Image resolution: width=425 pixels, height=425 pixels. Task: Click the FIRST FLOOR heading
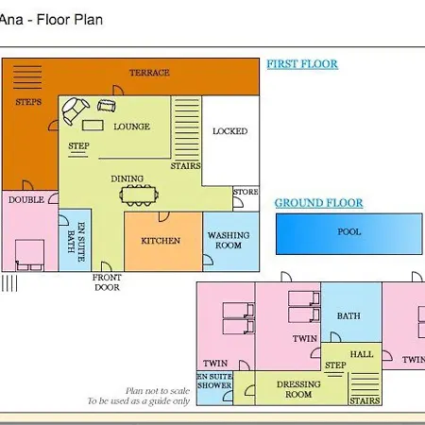[x=302, y=64]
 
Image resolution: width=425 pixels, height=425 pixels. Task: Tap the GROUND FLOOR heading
[x=318, y=203]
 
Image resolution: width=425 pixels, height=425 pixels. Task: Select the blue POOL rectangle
[x=349, y=234]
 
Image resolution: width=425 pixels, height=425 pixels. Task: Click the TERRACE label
[x=149, y=73]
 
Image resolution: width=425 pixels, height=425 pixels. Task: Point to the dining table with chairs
[x=139, y=195]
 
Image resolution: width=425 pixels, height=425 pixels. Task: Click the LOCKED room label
[x=230, y=131]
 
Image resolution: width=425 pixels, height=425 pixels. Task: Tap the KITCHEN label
[x=161, y=241]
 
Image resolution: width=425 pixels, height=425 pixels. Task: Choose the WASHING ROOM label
[x=229, y=240]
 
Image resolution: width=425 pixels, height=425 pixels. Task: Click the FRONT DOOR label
[x=107, y=282]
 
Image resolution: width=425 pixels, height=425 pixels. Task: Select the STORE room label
[x=246, y=192]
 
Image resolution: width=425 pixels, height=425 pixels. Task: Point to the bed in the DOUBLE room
[x=29, y=255]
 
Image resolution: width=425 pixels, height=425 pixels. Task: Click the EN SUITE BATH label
[x=76, y=242]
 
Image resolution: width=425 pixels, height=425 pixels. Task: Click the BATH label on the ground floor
[x=348, y=315]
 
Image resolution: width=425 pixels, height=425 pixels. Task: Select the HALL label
[x=362, y=354]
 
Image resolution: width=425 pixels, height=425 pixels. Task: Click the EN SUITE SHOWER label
[x=214, y=381]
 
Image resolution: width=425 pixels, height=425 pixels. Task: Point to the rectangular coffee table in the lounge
[x=93, y=125]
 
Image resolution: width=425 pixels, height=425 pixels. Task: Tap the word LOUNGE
[x=131, y=127]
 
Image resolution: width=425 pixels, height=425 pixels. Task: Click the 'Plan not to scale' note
[x=158, y=391]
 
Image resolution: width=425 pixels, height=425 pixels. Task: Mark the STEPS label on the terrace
[x=28, y=102]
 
